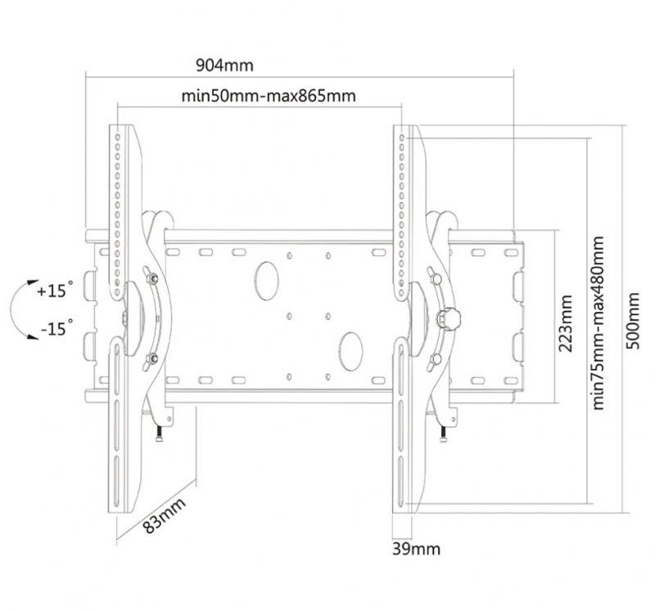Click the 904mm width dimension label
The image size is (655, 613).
pos(224,65)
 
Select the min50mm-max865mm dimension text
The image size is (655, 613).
pos(269,96)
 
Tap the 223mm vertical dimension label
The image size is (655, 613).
pos(565,323)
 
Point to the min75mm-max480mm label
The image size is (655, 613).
pos(599,322)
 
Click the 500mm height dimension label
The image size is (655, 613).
pos(634,321)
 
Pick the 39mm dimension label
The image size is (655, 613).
pos(416,548)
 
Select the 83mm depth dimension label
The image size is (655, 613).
pos(165,516)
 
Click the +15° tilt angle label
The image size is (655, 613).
pos(55,290)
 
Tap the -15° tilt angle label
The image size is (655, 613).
pos(56,328)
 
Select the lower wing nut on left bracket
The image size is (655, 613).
pos(151,357)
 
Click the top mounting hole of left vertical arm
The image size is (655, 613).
pos(117,137)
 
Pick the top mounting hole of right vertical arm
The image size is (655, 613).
pos(402,137)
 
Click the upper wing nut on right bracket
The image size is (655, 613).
pos(435,276)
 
